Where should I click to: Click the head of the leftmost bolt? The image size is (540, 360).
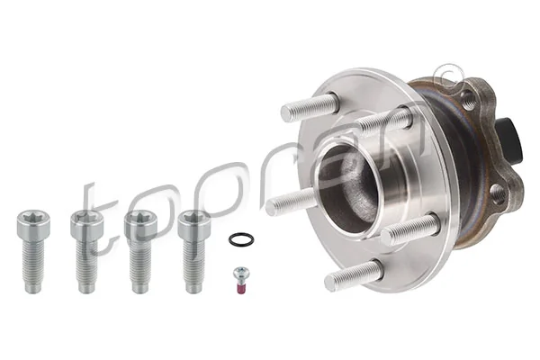coord(29,220)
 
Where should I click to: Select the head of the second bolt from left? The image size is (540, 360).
coord(84,220)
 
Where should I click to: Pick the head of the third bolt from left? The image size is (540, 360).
coord(138,220)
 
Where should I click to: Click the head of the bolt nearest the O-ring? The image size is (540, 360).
coord(192,220)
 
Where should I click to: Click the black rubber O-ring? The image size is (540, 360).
coord(239,239)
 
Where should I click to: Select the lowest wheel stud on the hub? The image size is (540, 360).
coord(346,275)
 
